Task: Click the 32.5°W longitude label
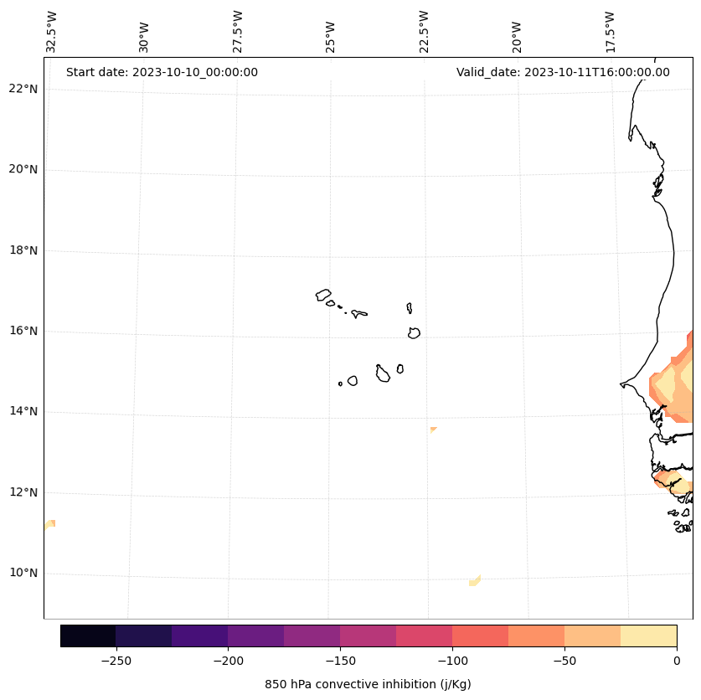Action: (52, 32)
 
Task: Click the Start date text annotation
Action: (162, 72)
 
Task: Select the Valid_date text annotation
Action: (563, 72)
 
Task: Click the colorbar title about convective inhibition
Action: (368, 684)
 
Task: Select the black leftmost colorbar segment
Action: (88, 636)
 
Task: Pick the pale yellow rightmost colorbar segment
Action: (648, 636)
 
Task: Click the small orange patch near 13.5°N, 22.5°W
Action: (433, 430)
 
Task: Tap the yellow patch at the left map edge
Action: (50, 524)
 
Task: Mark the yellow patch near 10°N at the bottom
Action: (475, 580)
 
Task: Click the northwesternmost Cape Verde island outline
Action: (323, 295)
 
